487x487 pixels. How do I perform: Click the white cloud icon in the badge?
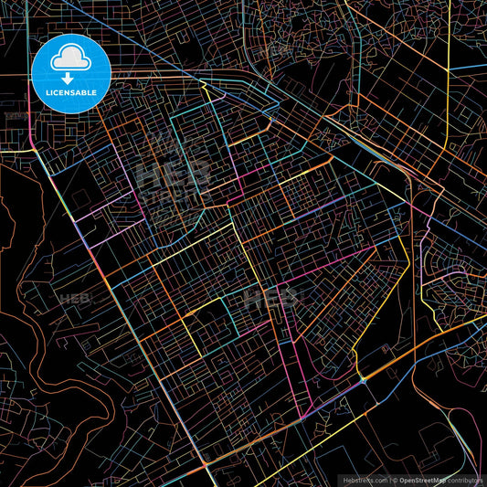coord(70,59)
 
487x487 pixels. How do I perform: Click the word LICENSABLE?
coord(70,92)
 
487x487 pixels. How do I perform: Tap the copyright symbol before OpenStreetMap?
coord(394,479)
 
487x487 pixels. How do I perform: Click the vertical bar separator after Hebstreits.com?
coord(387,479)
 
